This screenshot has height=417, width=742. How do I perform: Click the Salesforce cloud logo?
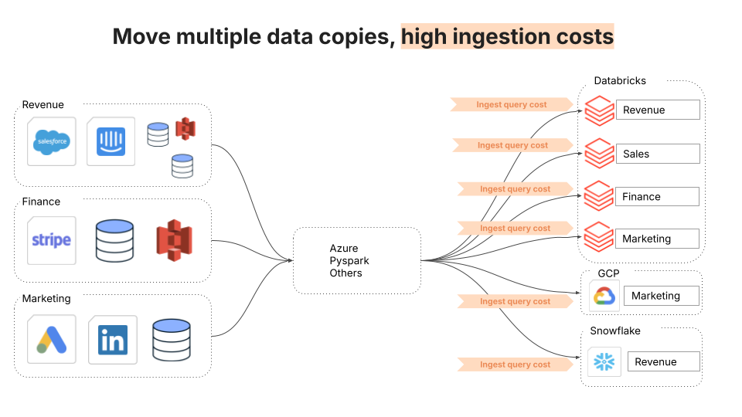(52, 142)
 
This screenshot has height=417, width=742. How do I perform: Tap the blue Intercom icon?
(111, 141)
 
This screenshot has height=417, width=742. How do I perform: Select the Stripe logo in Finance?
(52, 240)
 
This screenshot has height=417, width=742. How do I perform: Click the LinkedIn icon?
(113, 340)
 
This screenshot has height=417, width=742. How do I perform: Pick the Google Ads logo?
(52, 340)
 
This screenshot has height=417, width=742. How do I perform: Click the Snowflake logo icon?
(604, 362)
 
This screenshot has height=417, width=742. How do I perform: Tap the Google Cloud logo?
(604, 297)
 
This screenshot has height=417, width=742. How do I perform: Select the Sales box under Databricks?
(658, 154)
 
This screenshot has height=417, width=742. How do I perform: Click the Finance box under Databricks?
(657, 197)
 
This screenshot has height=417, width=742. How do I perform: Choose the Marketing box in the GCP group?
(662, 296)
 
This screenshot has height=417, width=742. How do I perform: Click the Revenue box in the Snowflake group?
(663, 361)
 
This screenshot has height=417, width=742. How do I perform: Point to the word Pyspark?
(349, 261)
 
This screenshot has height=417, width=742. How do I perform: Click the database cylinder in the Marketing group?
(172, 340)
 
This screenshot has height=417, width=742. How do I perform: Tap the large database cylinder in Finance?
(114, 241)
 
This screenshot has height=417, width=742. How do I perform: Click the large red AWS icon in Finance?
(175, 240)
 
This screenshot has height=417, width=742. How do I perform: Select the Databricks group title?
(620, 81)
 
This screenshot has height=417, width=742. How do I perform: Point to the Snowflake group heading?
(615, 331)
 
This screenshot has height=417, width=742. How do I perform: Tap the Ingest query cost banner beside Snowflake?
(516, 364)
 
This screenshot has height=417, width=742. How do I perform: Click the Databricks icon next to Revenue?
(599, 110)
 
